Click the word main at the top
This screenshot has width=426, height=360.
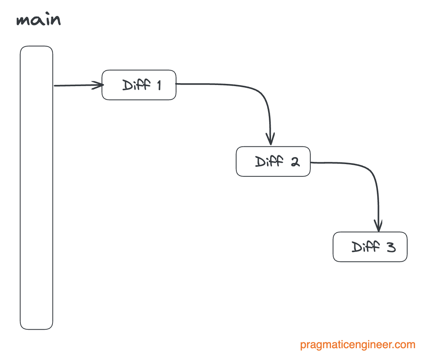pyautogui.click(x=38, y=20)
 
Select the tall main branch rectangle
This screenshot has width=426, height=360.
pyautogui.click(x=36, y=187)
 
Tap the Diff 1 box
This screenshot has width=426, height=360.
pyautogui.click(x=139, y=85)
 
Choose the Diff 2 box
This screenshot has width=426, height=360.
pyautogui.click(x=273, y=162)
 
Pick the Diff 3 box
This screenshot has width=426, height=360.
pyautogui.click(x=370, y=247)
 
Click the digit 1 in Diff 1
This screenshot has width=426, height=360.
pyautogui.click(x=158, y=85)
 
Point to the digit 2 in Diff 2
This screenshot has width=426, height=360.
pyautogui.click(x=295, y=162)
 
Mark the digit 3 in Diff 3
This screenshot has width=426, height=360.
pyautogui.click(x=391, y=247)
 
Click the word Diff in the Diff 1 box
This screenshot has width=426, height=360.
pyautogui.click(x=136, y=85)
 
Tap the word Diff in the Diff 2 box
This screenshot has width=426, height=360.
pyautogui.click(x=269, y=162)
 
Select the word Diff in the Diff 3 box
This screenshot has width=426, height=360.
pyautogui.click(x=365, y=247)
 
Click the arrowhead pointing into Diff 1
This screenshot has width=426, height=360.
pyautogui.click(x=99, y=85)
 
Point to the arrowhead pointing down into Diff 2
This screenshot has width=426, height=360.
pyautogui.click(x=271, y=140)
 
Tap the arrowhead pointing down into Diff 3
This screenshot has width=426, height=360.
pyautogui.click(x=378, y=225)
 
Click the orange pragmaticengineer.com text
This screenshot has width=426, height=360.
pyautogui.click(x=358, y=345)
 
